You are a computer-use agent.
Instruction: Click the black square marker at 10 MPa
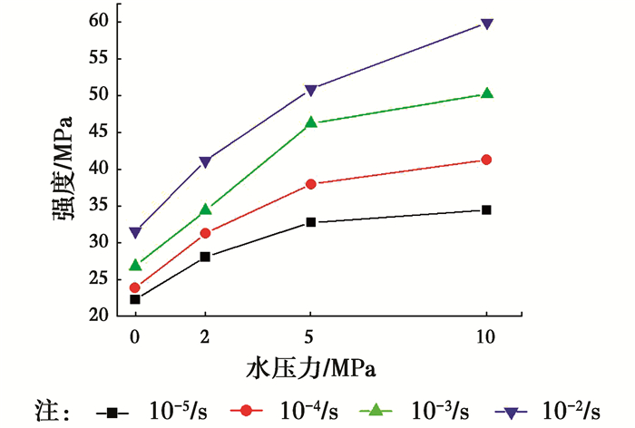click(486, 209)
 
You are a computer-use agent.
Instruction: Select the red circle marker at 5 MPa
click(311, 184)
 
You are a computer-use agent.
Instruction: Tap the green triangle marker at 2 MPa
click(205, 210)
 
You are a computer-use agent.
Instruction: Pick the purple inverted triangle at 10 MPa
click(486, 24)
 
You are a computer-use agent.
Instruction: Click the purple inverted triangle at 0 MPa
click(135, 233)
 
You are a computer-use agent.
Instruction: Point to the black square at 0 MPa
click(135, 299)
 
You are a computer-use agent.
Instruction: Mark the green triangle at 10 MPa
click(486, 93)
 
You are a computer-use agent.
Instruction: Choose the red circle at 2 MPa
click(205, 233)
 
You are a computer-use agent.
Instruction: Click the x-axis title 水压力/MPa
click(310, 368)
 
